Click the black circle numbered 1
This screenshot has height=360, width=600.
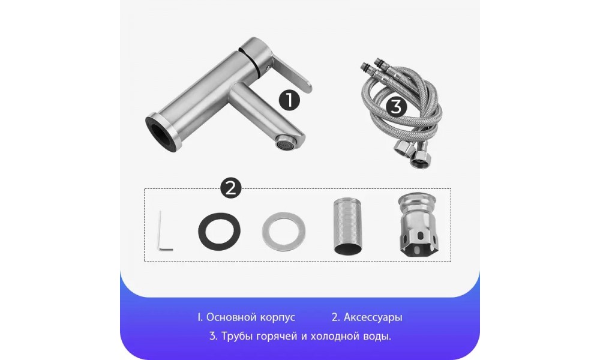(x=289, y=100)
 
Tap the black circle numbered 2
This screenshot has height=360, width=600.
(x=231, y=188)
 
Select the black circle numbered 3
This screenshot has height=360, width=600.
(x=397, y=106)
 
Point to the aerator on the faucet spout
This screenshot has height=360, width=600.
(x=285, y=145)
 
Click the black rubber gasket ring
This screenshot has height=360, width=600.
(x=219, y=232)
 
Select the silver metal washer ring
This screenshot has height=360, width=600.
(x=284, y=232)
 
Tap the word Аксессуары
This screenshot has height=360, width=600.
(x=373, y=317)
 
